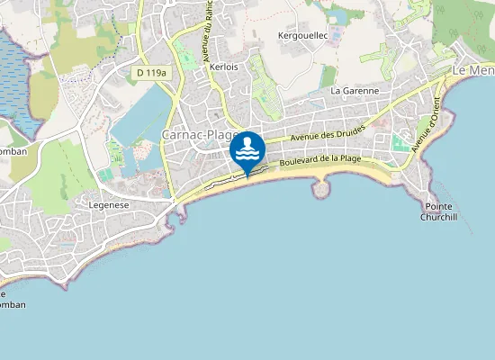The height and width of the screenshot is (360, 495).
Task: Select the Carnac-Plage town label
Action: (x=198, y=135)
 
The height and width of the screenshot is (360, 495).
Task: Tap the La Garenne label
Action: (x=355, y=91)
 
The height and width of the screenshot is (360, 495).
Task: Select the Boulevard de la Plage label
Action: (x=319, y=160)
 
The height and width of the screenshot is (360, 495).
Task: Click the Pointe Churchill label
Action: (x=438, y=211)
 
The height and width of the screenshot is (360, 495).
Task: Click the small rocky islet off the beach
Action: (x=323, y=188)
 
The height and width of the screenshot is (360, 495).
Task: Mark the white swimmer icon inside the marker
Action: (x=247, y=147)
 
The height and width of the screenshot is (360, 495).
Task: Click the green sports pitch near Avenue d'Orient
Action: (x=400, y=142)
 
